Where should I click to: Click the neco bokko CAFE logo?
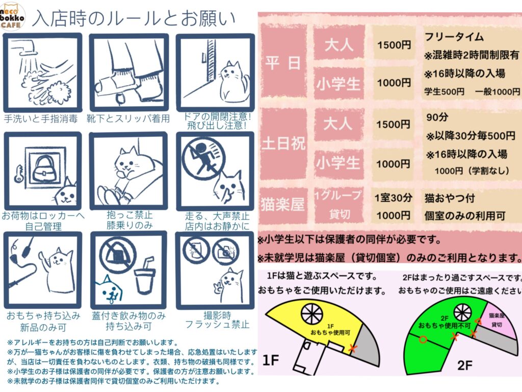click(x=12, y=16)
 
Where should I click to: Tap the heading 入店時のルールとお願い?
click(x=134, y=19)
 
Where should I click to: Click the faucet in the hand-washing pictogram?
click(x=25, y=46)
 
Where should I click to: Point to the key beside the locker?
click(x=19, y=174)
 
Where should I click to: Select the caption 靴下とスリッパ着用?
click(x=128, y=118)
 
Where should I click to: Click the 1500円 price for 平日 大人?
click(x=394, y=45)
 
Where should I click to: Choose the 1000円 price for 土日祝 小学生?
click(x=393, y=164)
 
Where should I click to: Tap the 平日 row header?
click(x=283, y=63)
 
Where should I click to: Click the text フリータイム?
click(x=454, y=36)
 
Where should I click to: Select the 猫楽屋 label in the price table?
click(x=282, y=204)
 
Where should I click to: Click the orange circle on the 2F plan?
click(x=423, y=339)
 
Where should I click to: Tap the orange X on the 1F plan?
click(x=352, y=349)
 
